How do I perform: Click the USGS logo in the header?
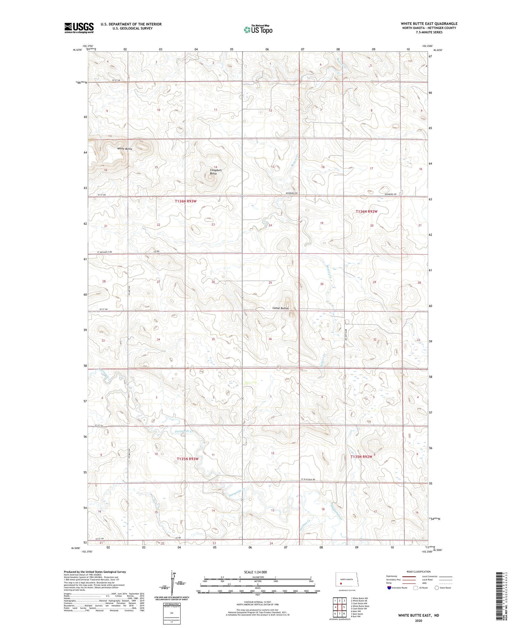[79, 28]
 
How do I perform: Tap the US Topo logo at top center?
[258, 29]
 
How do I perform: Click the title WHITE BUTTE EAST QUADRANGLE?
[429, 24]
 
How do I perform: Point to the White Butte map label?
[125, 149]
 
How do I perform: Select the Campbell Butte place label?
[213, 172]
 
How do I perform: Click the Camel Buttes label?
[280, 308]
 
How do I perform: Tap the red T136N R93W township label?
[186, 201]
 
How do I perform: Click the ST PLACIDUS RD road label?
[308, 480]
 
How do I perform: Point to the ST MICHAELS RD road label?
[105, 252]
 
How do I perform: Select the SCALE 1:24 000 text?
[255, 572]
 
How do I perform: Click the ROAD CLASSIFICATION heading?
[418, 572]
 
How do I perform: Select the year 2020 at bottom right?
[418, 620]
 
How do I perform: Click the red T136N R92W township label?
[366, 211]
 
